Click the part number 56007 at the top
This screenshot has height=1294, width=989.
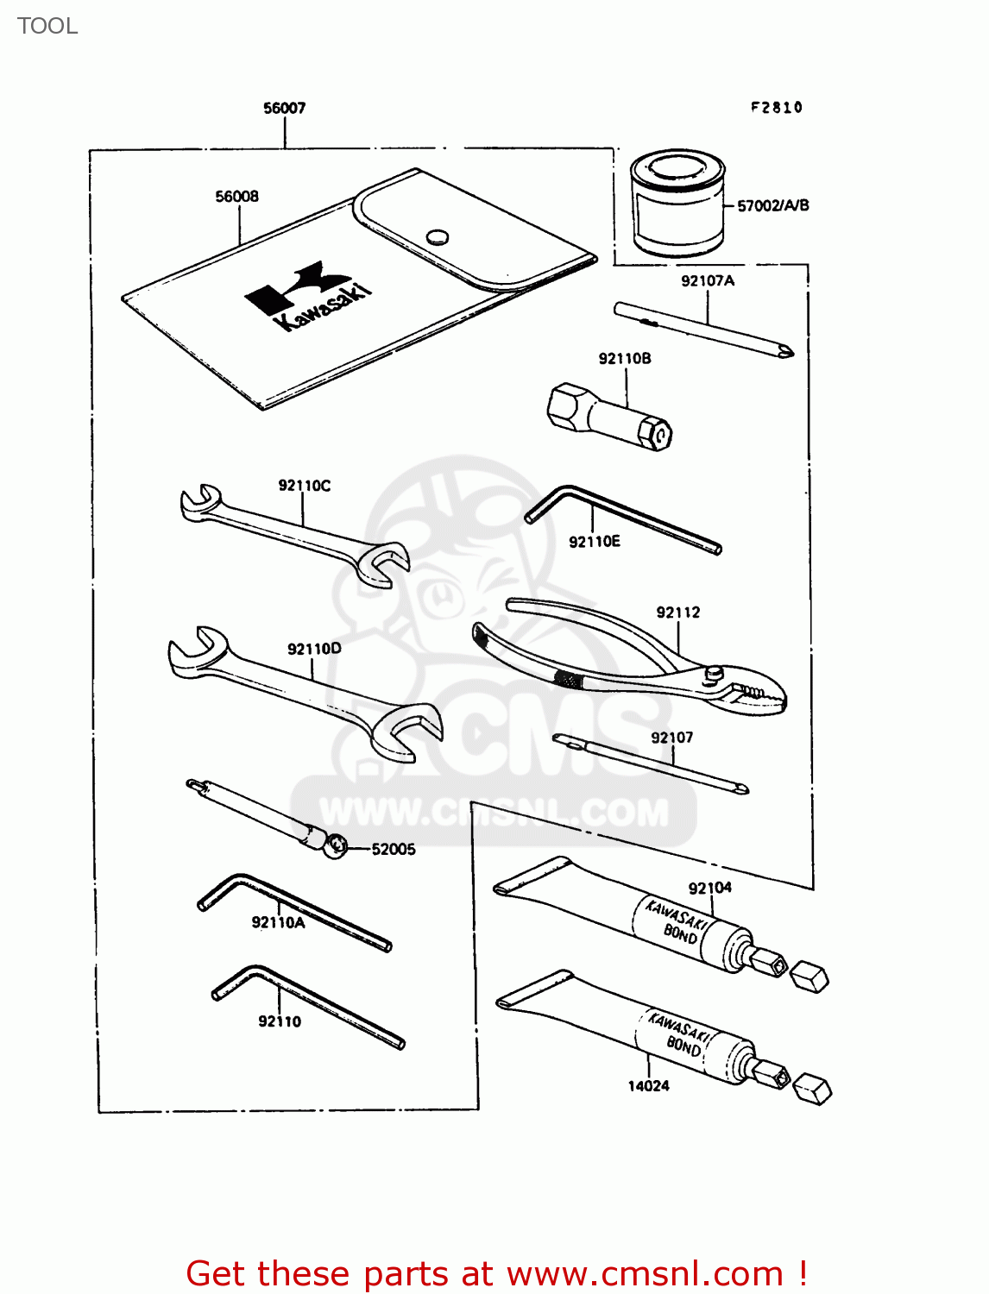[284, 108]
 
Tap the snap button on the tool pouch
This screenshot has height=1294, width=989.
[438, 236]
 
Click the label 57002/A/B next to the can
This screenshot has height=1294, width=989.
[772, 205]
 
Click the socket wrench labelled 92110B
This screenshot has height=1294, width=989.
[609, 418]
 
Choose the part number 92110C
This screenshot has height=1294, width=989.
[304, 486]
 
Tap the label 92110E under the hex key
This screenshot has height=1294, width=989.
[594, 542]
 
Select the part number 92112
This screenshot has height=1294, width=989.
[677, 612]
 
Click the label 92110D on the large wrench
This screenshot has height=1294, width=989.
[314, 649]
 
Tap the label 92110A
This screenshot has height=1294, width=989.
[278, 922]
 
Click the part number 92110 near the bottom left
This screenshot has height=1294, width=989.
[280, 1021]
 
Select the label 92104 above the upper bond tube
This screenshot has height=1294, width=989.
[709, 888]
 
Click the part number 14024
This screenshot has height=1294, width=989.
[648, 1086]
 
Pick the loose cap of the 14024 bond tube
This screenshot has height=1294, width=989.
[811, 1090]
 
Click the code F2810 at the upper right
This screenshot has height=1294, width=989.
[776, 108]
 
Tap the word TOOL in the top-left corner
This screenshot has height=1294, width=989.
[47, 26]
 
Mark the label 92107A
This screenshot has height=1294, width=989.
[707, 280]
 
